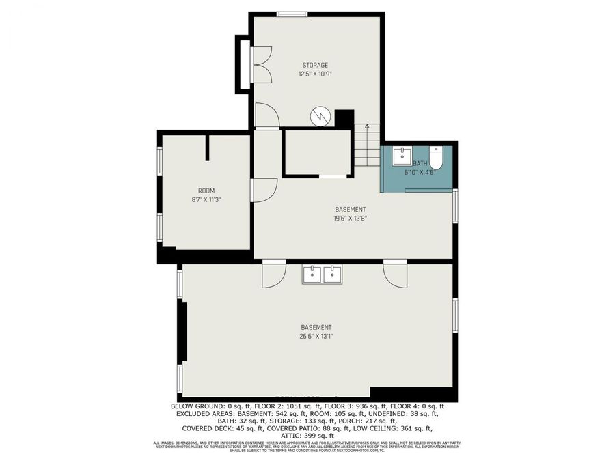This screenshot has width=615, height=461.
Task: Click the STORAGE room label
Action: [315, 66]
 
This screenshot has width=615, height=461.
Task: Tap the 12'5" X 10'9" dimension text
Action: [315, 74]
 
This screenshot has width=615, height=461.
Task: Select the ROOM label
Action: [206, 191]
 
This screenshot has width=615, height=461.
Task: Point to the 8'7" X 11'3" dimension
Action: [206, 199]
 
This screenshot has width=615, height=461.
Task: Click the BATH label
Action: [420, 164]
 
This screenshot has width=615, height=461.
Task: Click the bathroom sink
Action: [400, 156]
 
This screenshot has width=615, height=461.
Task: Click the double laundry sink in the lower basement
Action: [323, 275]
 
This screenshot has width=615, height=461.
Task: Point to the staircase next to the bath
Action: [366, 146]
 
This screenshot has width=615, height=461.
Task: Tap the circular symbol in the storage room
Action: [320, 116]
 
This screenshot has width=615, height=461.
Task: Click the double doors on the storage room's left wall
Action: [261, 65]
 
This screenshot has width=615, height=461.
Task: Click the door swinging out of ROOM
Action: [264, 189]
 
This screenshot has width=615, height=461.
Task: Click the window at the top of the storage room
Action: [292, 14]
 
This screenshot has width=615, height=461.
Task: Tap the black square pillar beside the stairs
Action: [344, 117]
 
